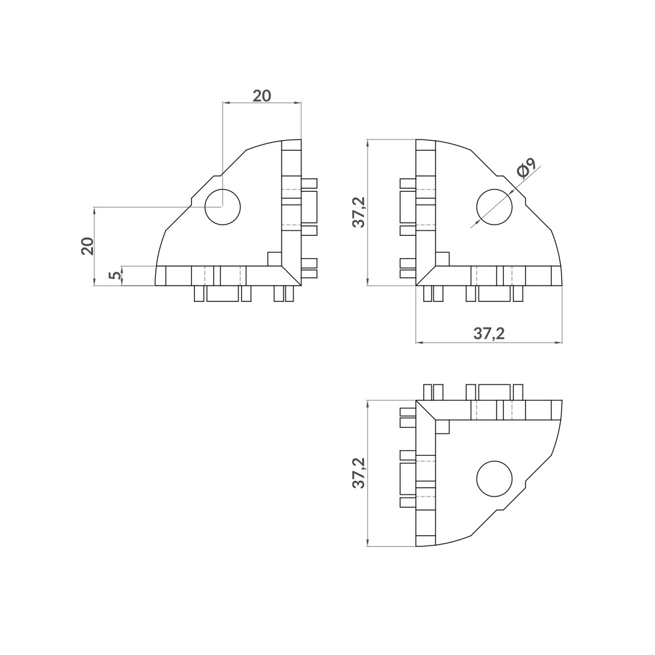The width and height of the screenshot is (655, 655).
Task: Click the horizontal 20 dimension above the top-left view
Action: coord(262,96)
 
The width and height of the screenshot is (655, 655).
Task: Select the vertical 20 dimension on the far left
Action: coord(87,246)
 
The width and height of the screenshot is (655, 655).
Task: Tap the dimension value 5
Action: coord(115,276)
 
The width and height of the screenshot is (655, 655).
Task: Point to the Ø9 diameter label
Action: coord(526,170)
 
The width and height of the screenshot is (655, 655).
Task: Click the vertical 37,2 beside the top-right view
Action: coord(358,212)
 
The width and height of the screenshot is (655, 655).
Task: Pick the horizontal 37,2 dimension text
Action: coord(489,334)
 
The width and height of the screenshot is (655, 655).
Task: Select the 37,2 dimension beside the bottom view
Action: coord(358,473)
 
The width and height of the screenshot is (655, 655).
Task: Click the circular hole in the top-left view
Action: coord(223,207)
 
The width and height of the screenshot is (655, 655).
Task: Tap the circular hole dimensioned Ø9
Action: coord(494,206)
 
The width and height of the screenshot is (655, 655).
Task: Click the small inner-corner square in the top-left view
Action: coord(274,259)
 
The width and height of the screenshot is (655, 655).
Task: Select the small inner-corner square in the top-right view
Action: coord(443,259)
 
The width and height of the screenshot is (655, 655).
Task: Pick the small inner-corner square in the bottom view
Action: coord(443,426)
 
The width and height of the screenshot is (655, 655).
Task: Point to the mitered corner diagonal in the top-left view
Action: coord(291,275)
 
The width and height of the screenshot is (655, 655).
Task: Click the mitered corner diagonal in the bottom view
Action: coord(426,410)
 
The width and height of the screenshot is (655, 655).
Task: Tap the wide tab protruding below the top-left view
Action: coord(222,293)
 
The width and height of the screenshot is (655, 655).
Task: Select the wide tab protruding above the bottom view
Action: coord(494,392)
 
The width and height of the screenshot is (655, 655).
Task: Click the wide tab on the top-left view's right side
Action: coord(309,207)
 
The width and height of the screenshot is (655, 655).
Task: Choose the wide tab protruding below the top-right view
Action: coord(494,293)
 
